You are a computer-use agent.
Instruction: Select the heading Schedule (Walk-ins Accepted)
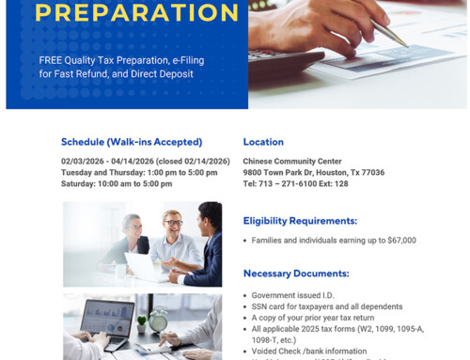click(x=132, y=142)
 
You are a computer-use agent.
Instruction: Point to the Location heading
click(x=263, y=142)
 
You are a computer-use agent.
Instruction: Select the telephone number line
click(x=295, y=183)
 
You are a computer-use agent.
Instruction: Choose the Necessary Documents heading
click(x=296, y=274)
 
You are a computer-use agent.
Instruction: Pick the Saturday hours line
click(x=117, y=183)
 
